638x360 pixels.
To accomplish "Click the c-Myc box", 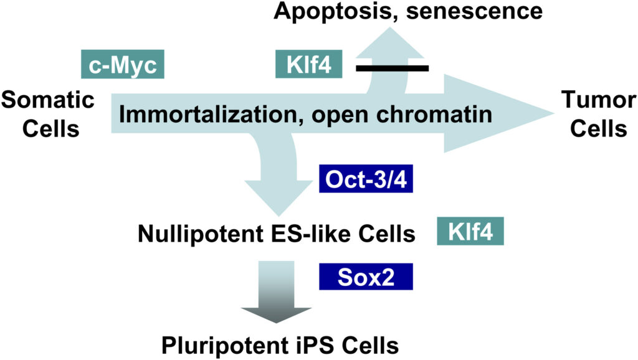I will (x=123, y=64).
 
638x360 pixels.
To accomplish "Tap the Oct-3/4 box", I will (x=366, y=181).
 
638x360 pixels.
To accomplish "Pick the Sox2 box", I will (x=366, y=275).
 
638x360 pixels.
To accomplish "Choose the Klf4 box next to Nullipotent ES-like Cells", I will (x=470, y=233).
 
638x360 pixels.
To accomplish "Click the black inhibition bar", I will (x=392, y=67).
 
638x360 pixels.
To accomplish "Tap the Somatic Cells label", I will (x=47, y=114).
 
